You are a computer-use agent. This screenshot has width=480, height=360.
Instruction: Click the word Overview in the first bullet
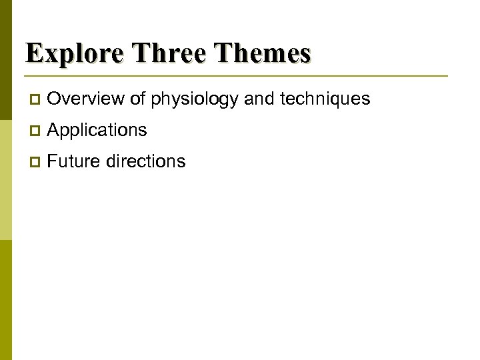[x=86, y=99]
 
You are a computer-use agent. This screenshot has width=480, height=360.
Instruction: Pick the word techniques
[x=325, y=99]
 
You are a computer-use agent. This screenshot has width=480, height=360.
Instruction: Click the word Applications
[x=97, y=131]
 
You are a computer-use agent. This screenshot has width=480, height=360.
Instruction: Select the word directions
[x=145, y=161]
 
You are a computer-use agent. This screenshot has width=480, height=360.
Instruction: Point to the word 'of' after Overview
[x=138, y=99]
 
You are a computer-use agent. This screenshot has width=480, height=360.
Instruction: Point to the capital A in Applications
[x=54, y=131]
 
